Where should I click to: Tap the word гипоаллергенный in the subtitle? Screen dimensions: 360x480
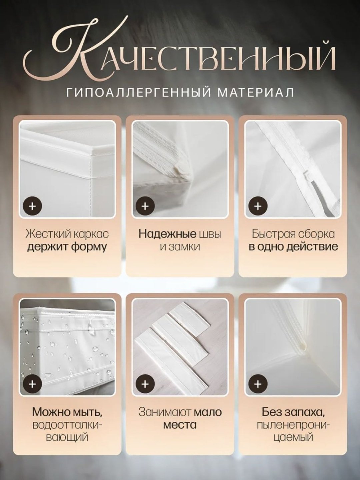138,92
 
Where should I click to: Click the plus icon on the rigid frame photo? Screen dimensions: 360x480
32,206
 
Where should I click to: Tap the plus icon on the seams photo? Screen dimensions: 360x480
145,206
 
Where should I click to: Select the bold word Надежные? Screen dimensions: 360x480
167,234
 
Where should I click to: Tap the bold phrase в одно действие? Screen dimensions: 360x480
293,247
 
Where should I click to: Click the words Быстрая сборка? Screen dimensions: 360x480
293,235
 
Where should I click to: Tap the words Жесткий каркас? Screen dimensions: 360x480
67,235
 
